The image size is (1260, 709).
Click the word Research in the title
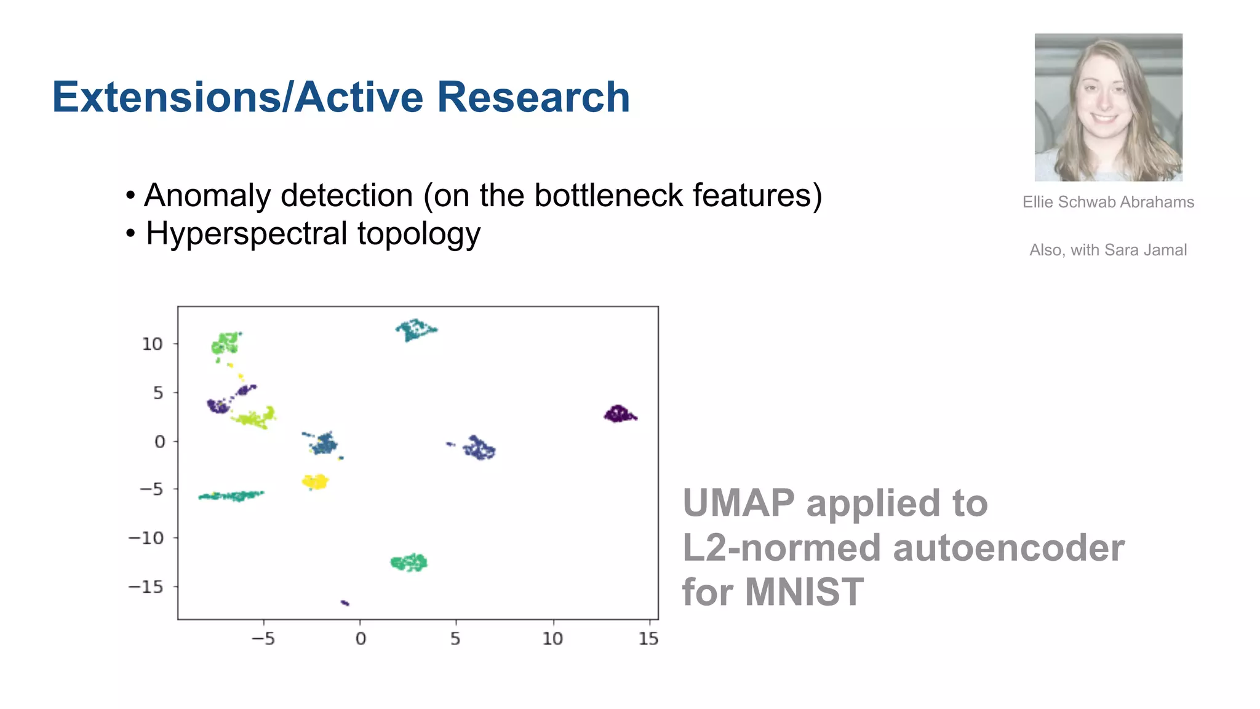[533, 97]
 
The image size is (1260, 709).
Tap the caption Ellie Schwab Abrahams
[1108, 202]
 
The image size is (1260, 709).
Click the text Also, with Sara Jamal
[1108, 250]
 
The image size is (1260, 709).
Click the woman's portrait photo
[1108, 107]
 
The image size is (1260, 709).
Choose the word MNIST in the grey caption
[804, 592]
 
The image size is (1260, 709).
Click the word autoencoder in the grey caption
[1008, 548]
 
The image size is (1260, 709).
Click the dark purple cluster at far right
[619, 414]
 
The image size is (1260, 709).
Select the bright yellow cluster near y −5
[316, 481]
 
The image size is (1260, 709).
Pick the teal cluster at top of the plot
[415, 330]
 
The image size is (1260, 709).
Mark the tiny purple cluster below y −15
[345, 603]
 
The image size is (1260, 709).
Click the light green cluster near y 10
[225, 343]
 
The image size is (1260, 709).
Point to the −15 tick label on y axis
[146, 587]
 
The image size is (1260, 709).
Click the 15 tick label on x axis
[648, 639]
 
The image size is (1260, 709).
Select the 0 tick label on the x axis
[361, 639]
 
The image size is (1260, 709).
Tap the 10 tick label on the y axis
[152, 344]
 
